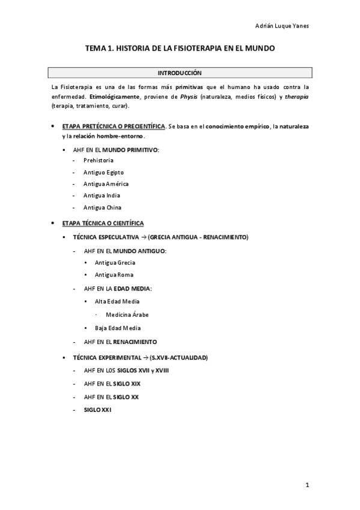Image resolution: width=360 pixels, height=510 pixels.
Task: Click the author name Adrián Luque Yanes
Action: (281, 26)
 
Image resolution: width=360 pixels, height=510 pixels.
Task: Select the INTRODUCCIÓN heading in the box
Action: (180, 73)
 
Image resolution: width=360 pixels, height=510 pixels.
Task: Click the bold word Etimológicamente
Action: (114, 96)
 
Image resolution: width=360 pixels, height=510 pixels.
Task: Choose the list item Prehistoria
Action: (99, 161)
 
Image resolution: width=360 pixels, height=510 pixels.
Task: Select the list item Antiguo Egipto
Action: (103, 173)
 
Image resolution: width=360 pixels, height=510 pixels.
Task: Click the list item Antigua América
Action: (106, 184)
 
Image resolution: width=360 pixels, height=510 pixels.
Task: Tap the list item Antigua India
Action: (102, 195)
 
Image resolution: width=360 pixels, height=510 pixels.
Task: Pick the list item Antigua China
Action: (102, 207)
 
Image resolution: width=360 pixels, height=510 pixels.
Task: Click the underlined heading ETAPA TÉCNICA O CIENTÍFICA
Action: (103, 223)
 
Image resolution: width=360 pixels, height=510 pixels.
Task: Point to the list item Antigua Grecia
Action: (115, 263)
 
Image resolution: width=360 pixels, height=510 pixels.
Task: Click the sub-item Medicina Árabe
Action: (127, 315)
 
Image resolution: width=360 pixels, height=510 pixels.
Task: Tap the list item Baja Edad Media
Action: (118, 328)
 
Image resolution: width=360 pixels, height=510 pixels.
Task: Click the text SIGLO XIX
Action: (127, 384)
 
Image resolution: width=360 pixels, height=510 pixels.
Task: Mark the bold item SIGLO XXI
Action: (97, 410)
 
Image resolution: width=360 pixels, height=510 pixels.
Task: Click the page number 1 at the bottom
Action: (307, 485)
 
